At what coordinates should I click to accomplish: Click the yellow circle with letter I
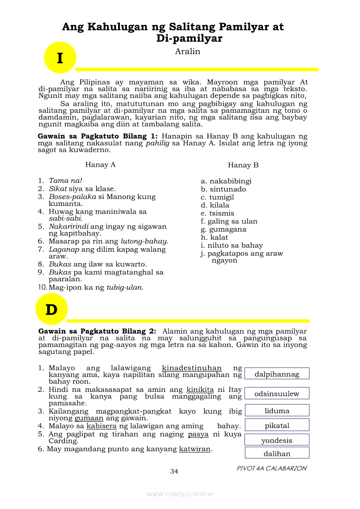coord(60,57)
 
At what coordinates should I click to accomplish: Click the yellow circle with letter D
coord(51,309)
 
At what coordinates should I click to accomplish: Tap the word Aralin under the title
coord(187,51)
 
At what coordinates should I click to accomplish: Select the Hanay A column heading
coord(100,165)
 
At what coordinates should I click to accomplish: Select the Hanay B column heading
coord(243,165)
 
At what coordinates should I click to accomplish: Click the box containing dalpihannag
coord(277,374)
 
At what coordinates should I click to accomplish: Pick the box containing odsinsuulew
coord(277,393)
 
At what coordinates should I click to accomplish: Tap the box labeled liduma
coord(277,410)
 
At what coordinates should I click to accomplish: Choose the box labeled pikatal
coord(277,425)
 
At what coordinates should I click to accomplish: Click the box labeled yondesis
coord(277,440)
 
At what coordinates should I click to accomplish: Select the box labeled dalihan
coord(277,453)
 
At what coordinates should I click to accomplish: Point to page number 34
coord(174,471)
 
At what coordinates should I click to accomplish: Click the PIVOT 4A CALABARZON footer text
coord(272,469)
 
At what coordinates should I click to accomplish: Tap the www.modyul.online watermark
coord(180,494)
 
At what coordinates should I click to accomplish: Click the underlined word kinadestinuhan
coord(192,368)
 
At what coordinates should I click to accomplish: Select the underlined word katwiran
coord(195,449)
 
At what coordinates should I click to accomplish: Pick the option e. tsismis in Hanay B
coord(217,213)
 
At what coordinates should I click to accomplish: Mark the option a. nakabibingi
coord(226,181)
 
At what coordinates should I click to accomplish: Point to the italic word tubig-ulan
coord(125,287)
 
